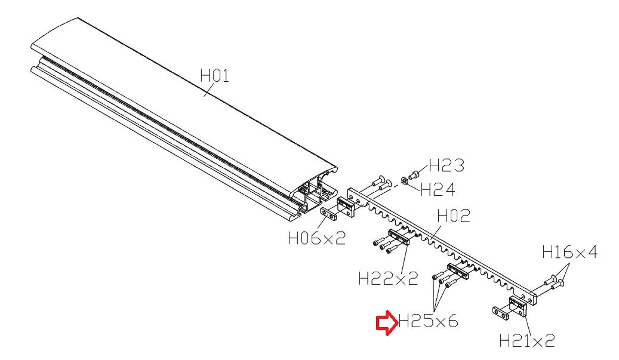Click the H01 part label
(214, 76)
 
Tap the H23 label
(446, 165)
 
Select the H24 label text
(438, 190)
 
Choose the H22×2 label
(388, 278)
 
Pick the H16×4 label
(570, 252)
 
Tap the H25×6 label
(429, 321)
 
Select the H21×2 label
(527, 340)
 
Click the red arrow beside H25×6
(387, 323)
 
